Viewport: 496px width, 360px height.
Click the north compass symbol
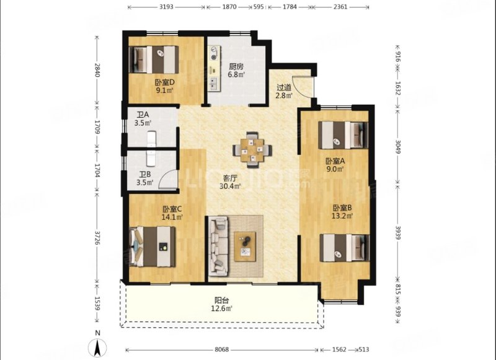tap(97, 347)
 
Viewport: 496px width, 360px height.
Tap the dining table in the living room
tap(252, 149)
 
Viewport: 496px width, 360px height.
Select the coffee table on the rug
tap(245, 247)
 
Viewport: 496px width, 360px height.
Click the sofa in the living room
tap(218, 245)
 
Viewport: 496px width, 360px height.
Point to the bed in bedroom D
tap(154, 59)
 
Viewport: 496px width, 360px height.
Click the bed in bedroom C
tap(153, 247)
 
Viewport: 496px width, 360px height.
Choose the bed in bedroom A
tap(343, 135)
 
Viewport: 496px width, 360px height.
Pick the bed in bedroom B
tap(345, 247)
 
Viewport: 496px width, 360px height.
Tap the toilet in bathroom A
tap(152, 139)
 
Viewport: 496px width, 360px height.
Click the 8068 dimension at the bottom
tap(222, 349)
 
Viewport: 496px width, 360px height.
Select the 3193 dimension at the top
tap(166, 7)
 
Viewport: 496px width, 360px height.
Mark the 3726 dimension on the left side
tap(97, 237)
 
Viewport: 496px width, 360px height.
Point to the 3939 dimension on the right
tap(398, 232)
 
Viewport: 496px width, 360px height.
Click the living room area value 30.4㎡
tap(230, 186)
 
